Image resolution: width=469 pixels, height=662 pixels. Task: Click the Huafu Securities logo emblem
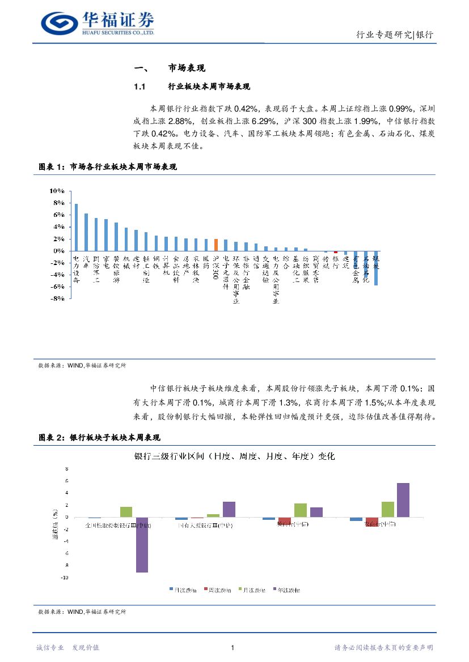click(x=58, y=22)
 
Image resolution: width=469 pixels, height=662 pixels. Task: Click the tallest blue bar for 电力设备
click(x=76, y=227)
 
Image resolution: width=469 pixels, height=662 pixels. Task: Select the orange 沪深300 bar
click(x=216, y=245)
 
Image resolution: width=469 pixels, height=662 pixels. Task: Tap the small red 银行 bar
click(x=336, y=252)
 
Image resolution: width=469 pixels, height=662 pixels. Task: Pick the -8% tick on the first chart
click(x=57, y=299)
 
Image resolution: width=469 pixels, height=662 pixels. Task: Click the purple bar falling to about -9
click(x=142, y=544)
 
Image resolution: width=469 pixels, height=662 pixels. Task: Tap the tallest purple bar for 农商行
click(x=403, y=499)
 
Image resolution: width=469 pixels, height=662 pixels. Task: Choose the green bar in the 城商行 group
click(x=301, y=510)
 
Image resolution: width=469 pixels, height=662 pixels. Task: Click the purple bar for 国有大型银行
click(x=229, y=509)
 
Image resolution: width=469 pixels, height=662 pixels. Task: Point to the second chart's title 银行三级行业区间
click(x=234, y=456)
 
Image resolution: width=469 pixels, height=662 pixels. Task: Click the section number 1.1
click(x=140, y=87)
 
